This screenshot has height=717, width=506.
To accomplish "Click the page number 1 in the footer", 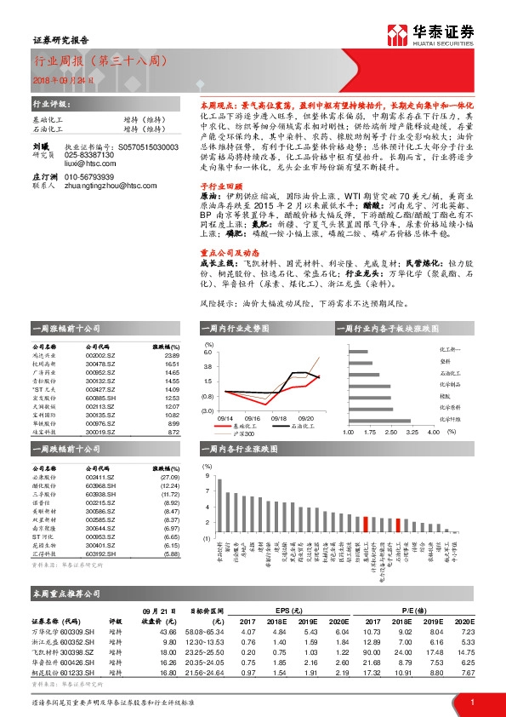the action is [471, 702].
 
